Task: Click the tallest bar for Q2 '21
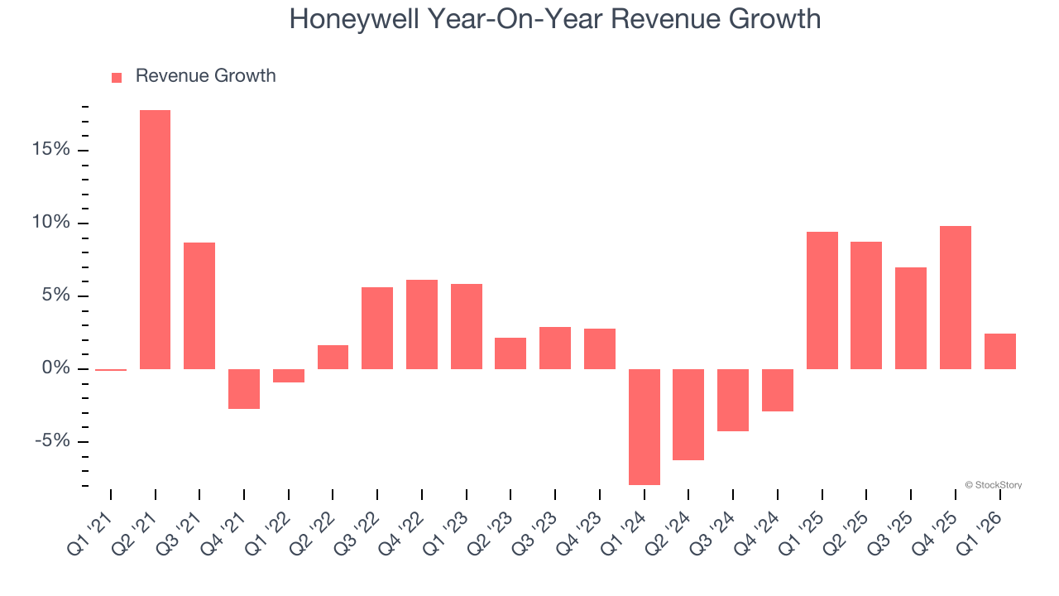[x=155, y=239]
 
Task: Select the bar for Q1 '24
[x=645, y=426]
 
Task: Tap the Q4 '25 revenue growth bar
[x=956, y=297]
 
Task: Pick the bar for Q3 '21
[x=199, y=305]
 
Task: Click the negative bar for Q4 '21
[x=244, y=388]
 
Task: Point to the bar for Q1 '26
[x=1000, y=351]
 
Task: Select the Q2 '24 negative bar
[x=688, y=414]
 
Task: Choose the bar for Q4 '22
[x=422, y=324]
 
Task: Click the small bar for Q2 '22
[x=333, y=357]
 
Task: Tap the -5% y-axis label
[x=52, y=441]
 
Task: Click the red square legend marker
[x=117, y=77]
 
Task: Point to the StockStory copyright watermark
[x=993, y=485]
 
